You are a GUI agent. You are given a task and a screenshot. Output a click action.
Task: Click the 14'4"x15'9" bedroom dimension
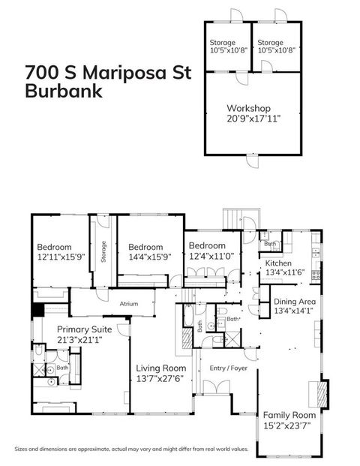click(149, 257)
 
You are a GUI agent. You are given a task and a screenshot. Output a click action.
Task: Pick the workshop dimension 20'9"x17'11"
click(253, 118)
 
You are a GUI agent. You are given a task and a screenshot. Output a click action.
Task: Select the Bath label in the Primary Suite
click(63, 367)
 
